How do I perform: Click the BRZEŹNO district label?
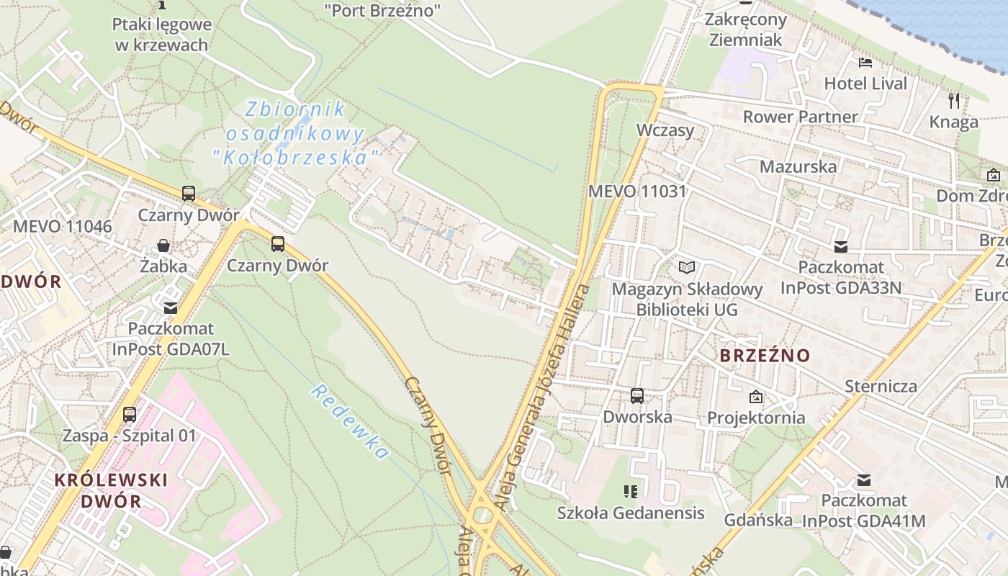coord(765,356)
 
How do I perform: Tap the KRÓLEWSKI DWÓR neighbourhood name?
coord(112,490)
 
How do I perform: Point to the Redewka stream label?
coord(350,421)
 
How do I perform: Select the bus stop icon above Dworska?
coord(637,396)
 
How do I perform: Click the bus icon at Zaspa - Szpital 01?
coord(130,415)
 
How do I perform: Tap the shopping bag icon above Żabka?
coord(164,246)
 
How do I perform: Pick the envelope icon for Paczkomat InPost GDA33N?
coord(840,247)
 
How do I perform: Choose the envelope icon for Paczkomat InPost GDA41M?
coord(864,480)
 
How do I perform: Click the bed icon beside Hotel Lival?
coord(865,63)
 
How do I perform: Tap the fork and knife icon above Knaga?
coord(954,100)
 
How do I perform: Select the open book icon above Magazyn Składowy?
coord(687,268)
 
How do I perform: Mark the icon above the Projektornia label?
coord(756,397)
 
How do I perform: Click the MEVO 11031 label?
coord(637,192)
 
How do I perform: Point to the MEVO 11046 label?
coord(63,227)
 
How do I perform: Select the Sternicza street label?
coord(881,386)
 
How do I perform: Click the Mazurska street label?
coord(798,166)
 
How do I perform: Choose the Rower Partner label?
coord(800,117)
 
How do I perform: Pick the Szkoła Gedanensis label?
coord(631,513)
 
